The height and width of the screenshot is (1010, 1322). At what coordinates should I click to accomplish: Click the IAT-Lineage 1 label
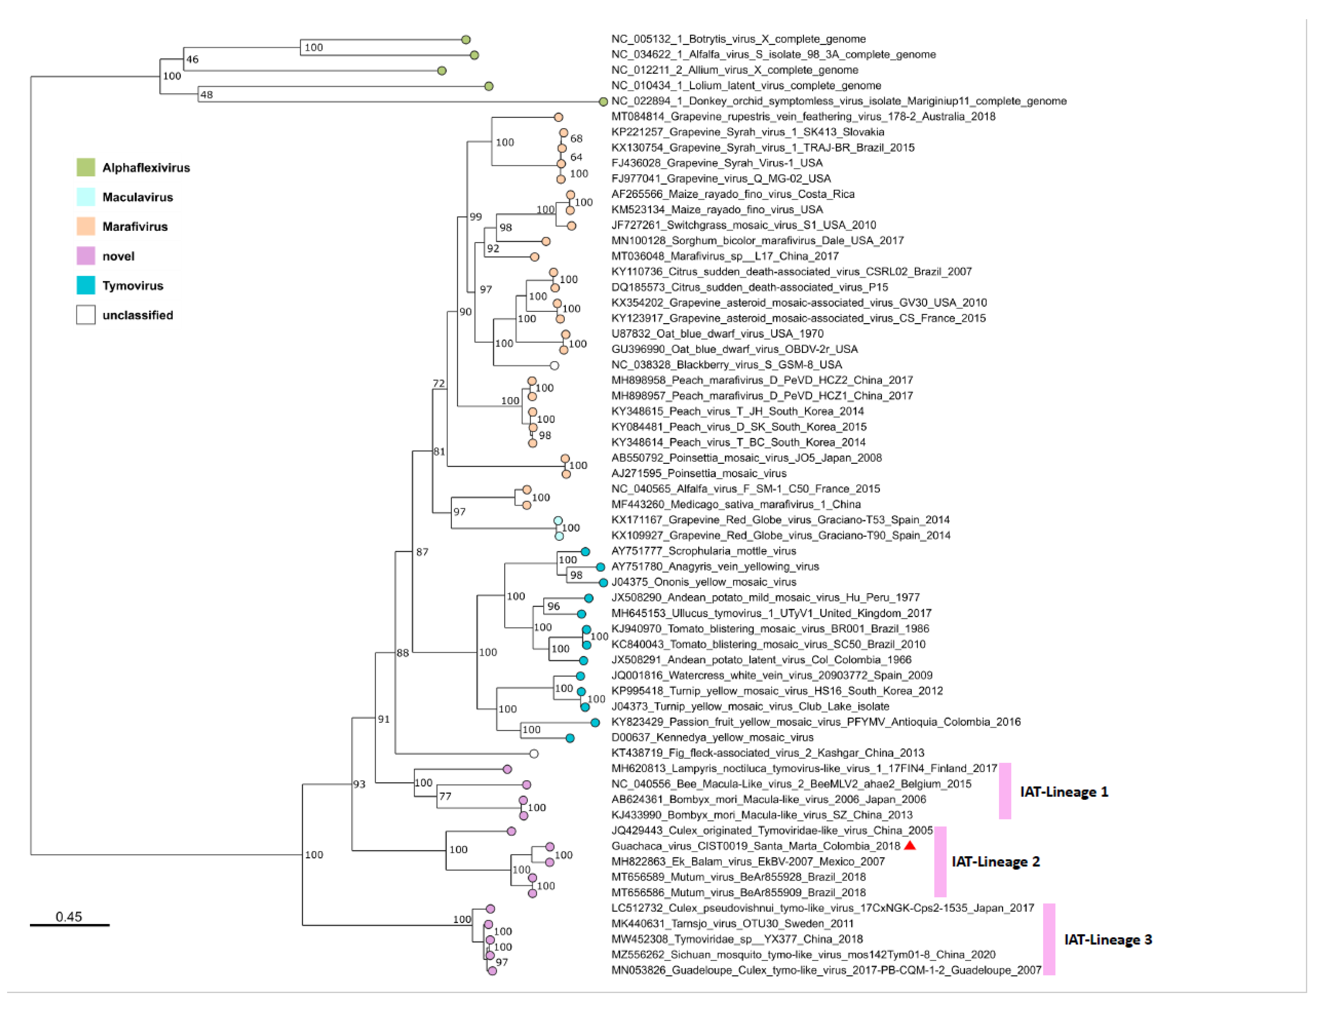(x=1064, y=792)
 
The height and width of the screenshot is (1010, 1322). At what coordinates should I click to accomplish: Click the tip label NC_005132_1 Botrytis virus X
(x=738, y=39)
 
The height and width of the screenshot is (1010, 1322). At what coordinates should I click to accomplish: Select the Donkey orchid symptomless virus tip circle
(x=603, y=102)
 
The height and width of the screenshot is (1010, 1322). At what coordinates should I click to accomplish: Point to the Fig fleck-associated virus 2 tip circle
(x=534, y=753)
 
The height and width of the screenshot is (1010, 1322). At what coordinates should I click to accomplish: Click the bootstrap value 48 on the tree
(x=206, y=94)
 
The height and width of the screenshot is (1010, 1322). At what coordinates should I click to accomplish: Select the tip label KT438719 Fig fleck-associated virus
(x=767, y=753)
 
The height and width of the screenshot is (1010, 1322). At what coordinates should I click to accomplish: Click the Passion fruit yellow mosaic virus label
(x=815, y=721)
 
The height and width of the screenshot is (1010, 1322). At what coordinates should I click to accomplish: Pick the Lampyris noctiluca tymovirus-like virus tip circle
(x=507, y=769)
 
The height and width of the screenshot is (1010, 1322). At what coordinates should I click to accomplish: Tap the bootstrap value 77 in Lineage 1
(x=445, y=796)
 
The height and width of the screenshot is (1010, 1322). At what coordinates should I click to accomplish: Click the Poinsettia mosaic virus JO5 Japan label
(x=746, y=458)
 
